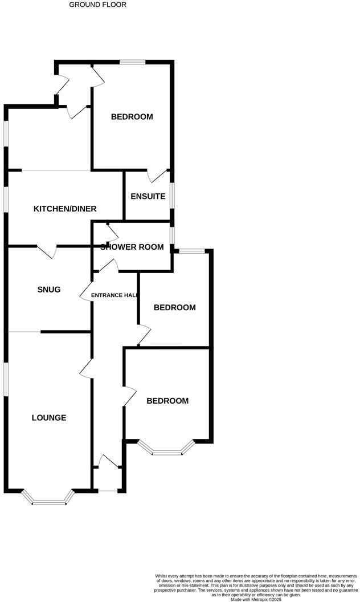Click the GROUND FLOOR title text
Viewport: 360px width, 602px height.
click(97, 5)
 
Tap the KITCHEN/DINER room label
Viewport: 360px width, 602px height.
click(65, 209)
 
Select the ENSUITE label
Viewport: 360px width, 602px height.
click(148, 197)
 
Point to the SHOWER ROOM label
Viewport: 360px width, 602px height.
click(132, 247)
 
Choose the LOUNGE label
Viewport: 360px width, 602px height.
click(48, 417)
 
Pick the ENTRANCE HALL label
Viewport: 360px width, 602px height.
click(114, 295)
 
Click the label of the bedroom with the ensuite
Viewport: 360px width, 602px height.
click(132, 117)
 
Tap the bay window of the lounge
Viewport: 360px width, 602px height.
click(48, 501)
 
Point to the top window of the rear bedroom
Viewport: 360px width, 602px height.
click(132, 62)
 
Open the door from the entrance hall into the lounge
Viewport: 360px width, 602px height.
click(87, 368)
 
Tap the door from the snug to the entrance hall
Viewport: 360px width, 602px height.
click(86, 291)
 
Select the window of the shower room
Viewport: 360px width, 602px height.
click(173, 235)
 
